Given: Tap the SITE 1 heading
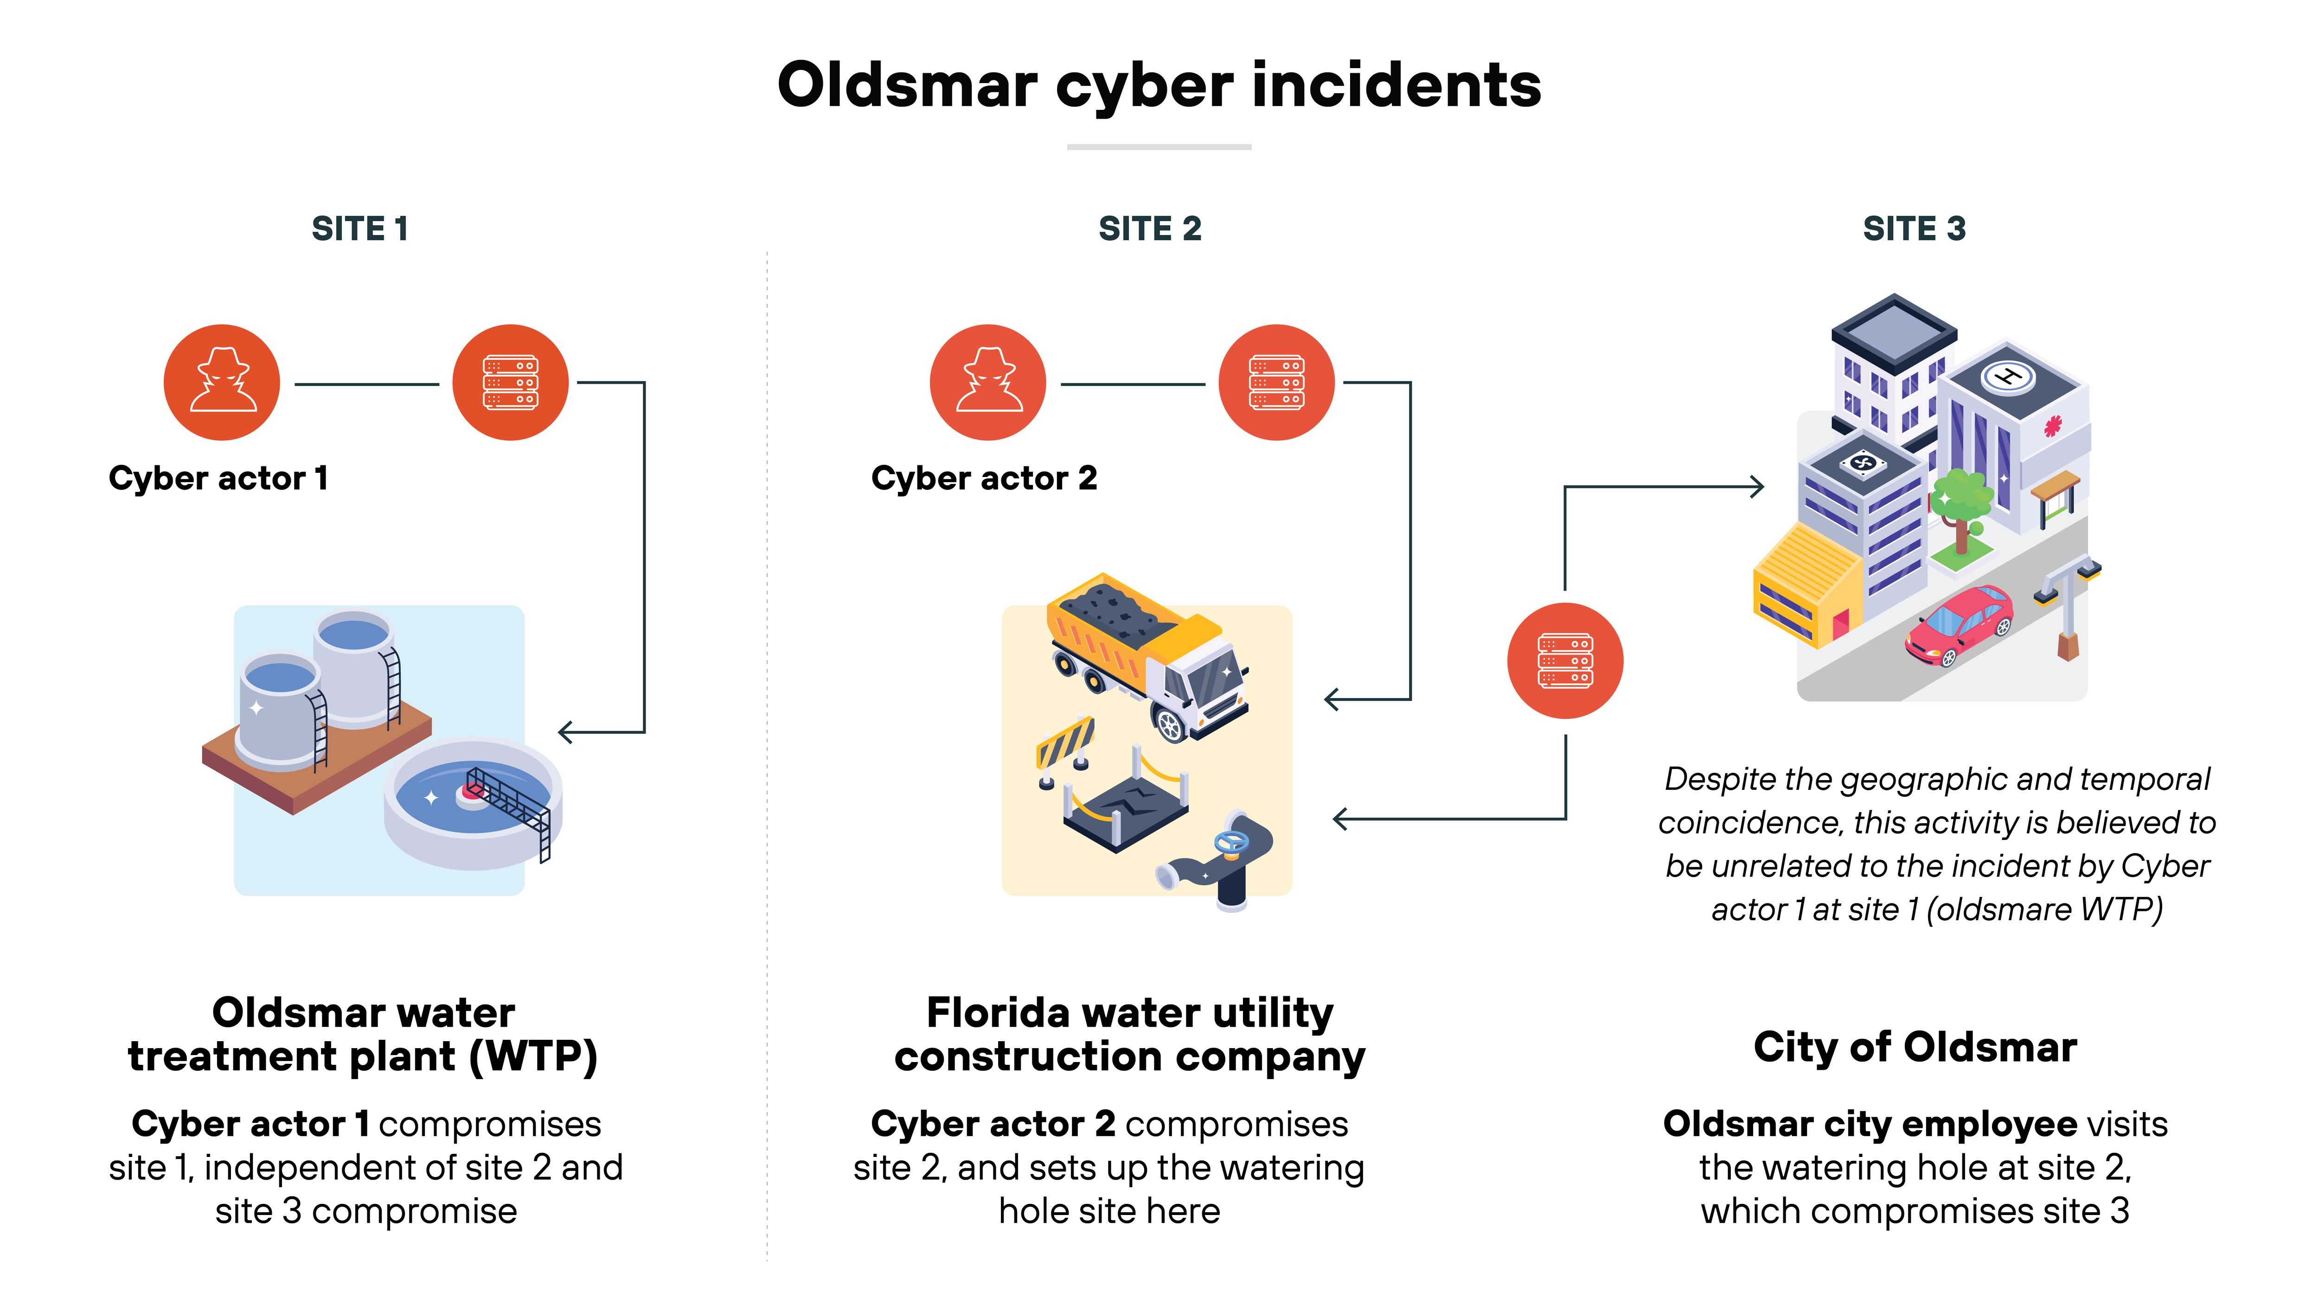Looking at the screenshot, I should point(360,229).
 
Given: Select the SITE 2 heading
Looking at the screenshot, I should point(1150,229).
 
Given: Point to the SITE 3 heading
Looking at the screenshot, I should point(1914,229).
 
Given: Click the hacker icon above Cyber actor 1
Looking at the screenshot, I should point(221,382).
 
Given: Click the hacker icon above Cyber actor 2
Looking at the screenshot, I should point(987,382).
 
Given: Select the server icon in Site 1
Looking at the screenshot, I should point(511,382).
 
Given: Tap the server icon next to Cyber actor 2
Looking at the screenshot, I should point(1276,382).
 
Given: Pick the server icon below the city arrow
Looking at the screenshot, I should point(1565,661).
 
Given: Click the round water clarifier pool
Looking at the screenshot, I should point(473,801).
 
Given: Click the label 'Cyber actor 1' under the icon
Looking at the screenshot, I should point(218,478).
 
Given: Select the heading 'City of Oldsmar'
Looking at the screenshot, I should point(1915,1048).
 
